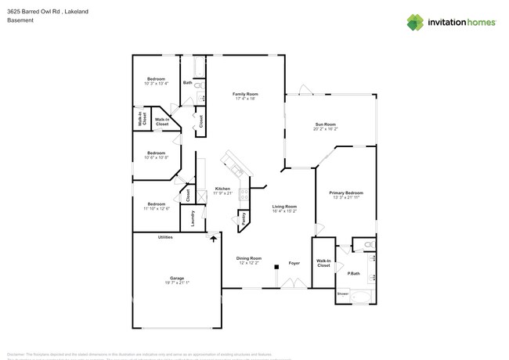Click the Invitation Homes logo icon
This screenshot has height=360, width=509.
coord(415,23)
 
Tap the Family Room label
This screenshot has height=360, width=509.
coord(245,94)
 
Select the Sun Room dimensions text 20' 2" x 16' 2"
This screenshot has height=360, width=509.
coord(325,129)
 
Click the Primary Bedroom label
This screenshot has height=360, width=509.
coord(345,193)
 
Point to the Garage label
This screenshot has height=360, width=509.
coord(177,278)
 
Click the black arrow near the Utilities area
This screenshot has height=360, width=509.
coord(212,240)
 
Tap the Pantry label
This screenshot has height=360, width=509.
coord(244,218)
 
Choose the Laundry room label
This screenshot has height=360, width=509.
coord(192,218)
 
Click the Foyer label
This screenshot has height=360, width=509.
coord(294,263)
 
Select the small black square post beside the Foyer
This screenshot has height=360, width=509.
coord(276,267)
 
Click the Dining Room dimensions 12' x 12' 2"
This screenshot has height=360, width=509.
coord(250,263)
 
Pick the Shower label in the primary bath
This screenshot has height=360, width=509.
coord(343,294)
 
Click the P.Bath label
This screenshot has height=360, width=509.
coord(353,273)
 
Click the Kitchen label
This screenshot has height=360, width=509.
coord(222,189)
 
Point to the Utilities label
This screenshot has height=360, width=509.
coord(165,237)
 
